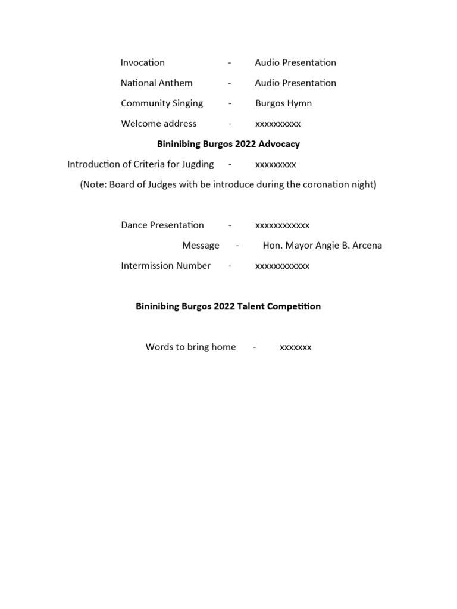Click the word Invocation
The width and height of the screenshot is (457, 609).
point(143,62)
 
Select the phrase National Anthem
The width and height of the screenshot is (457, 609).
point(156,83)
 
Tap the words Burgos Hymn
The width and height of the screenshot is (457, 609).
point(283,103)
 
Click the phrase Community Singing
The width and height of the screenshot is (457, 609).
point(162,103)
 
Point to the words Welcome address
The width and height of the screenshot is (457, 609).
point(158,124)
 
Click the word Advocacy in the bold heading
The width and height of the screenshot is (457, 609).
point(279,144)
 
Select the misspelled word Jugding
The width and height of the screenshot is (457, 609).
point(197,164)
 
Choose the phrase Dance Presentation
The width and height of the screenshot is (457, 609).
point(162,225)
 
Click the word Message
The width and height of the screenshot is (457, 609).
point(201,246)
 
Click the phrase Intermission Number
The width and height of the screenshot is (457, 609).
point(165,266)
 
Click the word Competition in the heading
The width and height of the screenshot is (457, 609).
point(291,306)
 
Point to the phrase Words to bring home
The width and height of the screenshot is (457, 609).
point(190,347)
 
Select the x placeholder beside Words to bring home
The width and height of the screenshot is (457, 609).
point(296,347)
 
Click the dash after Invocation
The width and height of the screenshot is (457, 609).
point(229,63)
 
